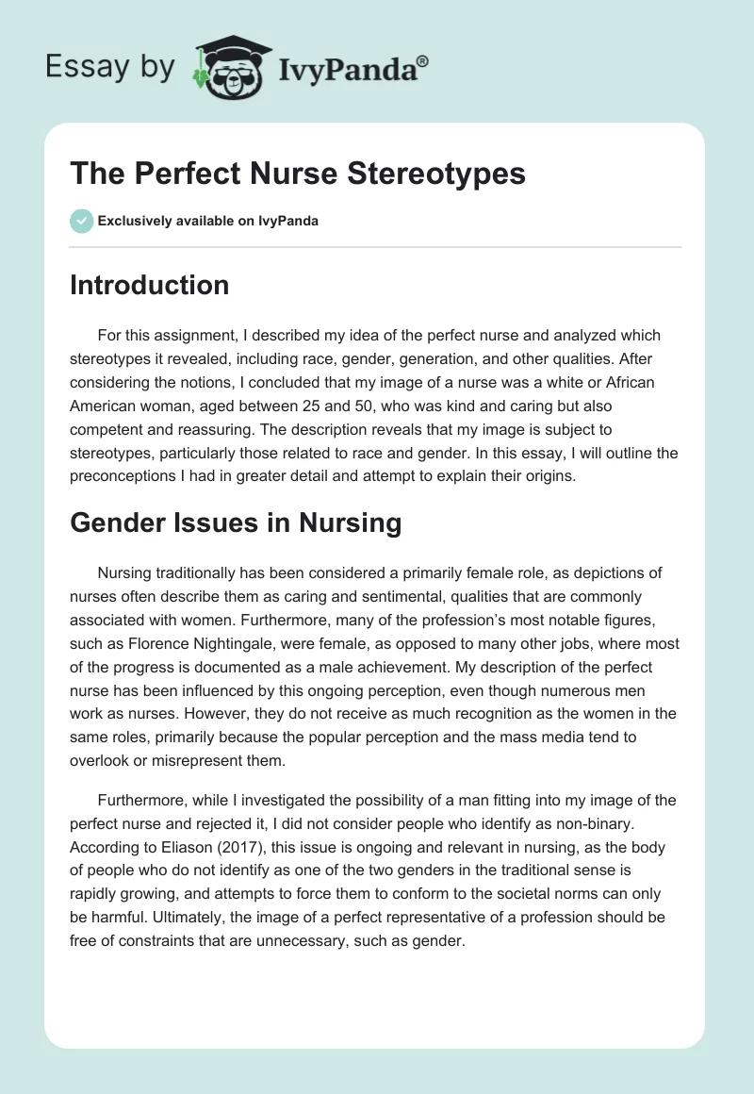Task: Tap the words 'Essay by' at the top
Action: coord(110,67)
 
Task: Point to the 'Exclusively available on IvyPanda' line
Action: coord(208,221)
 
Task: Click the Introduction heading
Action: coord(149,285)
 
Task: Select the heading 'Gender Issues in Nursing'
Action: coord(236,523)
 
